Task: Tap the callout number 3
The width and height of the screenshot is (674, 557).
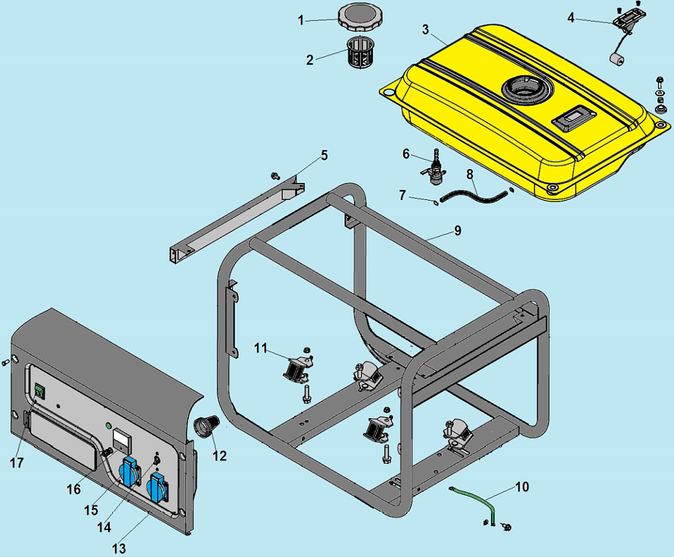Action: pos(425,30)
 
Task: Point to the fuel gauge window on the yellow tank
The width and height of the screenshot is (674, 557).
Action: pos(574,120)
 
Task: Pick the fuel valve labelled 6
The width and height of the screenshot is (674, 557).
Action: pos(434,169)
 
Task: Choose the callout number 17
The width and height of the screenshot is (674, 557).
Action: pos(16,463)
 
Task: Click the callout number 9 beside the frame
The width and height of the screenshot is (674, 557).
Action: pos(457,231)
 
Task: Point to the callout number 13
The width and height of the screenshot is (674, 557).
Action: pos(119,547)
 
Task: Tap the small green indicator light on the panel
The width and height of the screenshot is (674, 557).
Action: pos(108,426)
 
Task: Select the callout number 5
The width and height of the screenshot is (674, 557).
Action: pos(324,155)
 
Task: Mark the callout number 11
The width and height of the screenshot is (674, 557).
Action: pos(262,348)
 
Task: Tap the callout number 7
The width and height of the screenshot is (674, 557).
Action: pos(403,195)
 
